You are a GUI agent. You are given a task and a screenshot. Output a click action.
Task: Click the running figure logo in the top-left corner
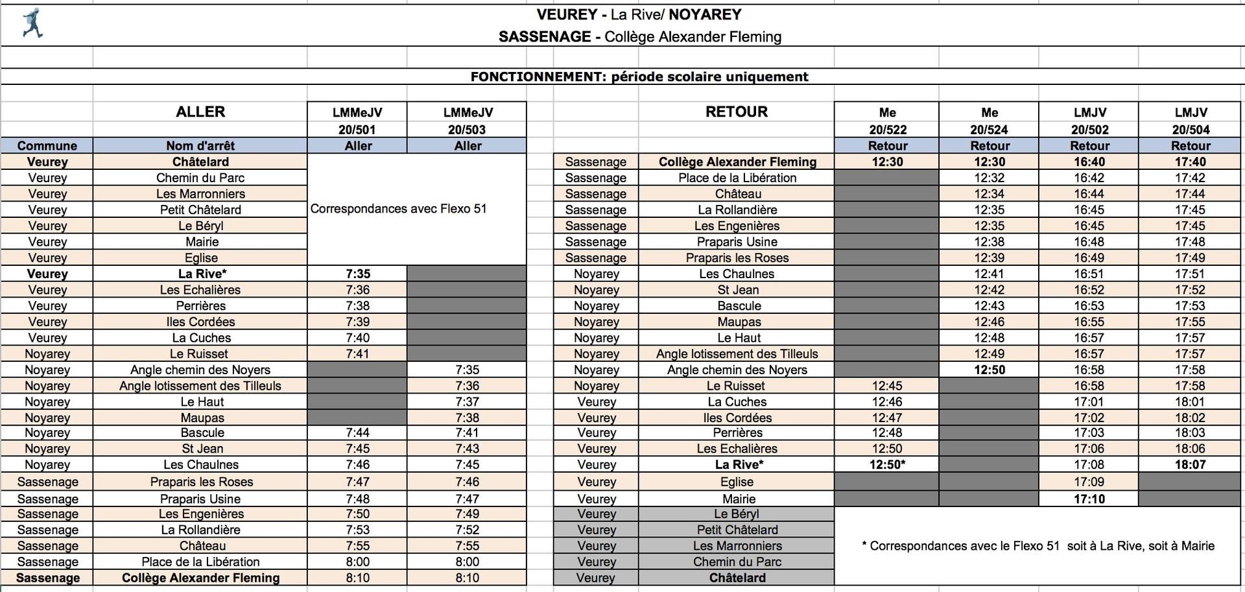tap(32, 24)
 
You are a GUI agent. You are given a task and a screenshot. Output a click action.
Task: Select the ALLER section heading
tap(200, 112)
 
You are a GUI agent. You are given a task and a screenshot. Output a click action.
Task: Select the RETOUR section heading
tap(736, 112)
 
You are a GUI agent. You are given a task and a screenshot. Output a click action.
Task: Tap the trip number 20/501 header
tap(357, 130)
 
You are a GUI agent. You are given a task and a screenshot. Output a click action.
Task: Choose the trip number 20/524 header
tap(989, 130)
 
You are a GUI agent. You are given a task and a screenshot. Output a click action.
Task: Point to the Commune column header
tap(47, 146)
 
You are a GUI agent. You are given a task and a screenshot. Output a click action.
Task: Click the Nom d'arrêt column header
tap(200, 146)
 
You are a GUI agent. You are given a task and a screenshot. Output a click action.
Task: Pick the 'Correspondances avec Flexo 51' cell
tap(398, 209)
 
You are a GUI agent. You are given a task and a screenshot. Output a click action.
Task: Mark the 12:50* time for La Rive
tap(887, 464)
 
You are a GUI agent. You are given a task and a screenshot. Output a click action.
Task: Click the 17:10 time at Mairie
tap(1089, 499)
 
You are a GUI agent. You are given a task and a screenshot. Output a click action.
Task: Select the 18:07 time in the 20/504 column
tap(1190, 464)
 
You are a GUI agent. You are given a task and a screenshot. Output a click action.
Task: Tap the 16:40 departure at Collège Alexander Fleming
tap(1089, 161)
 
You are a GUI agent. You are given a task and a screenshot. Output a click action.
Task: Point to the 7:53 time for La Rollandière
tap(357, 530)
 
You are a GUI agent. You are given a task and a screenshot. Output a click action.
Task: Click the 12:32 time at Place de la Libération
tap(989, 178)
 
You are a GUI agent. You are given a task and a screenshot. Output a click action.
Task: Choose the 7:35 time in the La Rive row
tap(357, 274)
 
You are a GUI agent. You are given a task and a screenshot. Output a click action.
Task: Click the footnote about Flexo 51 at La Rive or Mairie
tap(1037, 546)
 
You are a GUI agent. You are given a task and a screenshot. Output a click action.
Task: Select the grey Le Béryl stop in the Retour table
tap(736, 514)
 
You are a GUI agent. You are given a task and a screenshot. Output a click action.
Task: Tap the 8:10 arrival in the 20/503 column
tap(467, 578)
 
